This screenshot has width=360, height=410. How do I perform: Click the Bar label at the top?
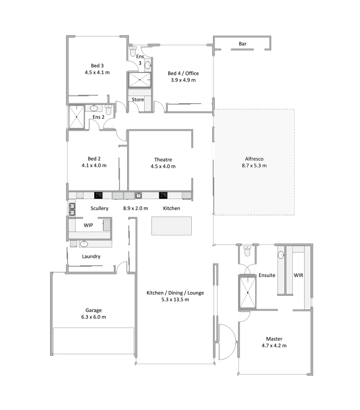[x=242, y=44]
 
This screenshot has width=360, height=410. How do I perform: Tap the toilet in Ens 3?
[x=133, y=50]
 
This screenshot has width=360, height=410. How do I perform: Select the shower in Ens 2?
[x=76, y=117]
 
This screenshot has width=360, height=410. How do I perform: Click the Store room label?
[x=138, y=100]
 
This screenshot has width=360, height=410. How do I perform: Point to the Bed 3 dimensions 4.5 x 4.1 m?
[x=97, y=72]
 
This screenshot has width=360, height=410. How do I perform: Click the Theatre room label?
[x=163, y=159]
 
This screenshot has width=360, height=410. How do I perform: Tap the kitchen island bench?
[x=172, y=226]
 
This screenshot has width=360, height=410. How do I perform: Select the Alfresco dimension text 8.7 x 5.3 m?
[x=254, y=166]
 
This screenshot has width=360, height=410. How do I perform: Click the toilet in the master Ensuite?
[x=248, y=251]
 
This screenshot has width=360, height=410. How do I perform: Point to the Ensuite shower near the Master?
[x=248, y=292]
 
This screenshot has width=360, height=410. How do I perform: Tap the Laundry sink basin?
[x=84, y=244]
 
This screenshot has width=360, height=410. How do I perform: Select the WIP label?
[x=88, y=225]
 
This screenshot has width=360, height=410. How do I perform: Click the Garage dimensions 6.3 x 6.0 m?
[x=93, y=317]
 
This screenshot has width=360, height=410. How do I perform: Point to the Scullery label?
[x=99, y=208]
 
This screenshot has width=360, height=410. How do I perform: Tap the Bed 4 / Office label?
[x=183, y=73]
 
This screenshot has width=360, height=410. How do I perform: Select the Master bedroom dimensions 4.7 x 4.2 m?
[x=274, y=346]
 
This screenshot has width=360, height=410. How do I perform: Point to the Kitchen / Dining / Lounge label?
[x=175, y=293]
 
